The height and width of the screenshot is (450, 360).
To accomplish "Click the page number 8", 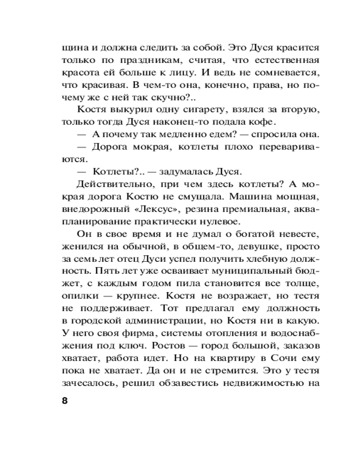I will click(63, 400).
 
